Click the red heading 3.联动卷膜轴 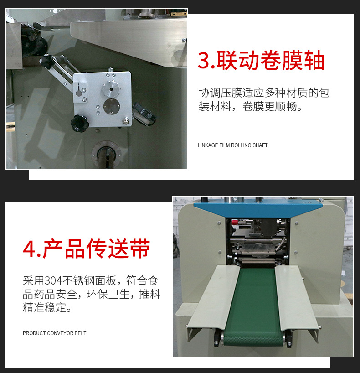(x=261, y=61)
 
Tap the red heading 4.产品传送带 (x=87, y=249)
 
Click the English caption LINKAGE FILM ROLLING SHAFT (x=233, y=145)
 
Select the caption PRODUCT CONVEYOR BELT (x=54, y=333)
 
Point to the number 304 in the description (x=53, y=281)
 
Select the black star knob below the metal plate (x=80, y=124)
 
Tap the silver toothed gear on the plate (x=111, y=89)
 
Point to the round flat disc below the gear (x=112, y=107)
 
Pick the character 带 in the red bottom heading (x=140, y=249)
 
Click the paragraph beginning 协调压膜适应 (x=264, y=100)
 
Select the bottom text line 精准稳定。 (x=47, y=307)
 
